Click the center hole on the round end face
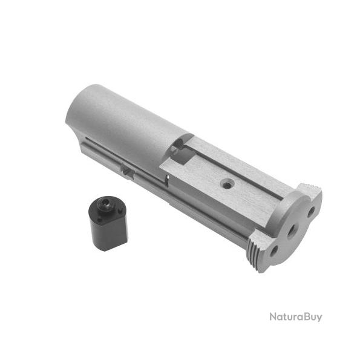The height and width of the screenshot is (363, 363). click(292, 230)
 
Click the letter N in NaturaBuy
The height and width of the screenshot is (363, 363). click(273, 317)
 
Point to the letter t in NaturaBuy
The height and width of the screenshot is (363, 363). click(285, 317)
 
